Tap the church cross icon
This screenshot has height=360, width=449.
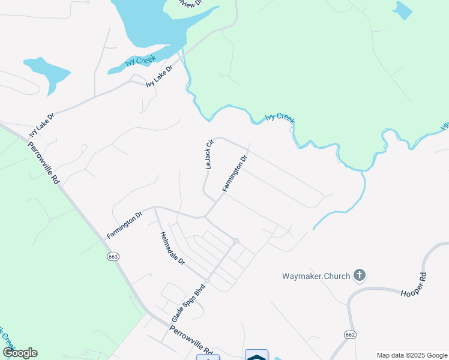point(360,275)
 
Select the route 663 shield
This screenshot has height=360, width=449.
point(113,257)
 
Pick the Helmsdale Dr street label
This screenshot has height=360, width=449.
point(172,249)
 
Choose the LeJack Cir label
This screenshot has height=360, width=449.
point(209,155)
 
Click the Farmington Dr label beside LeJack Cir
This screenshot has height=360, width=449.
point(235,173)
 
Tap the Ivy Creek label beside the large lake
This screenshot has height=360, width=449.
point(140,61)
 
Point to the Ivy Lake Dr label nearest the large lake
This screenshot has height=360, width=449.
point(160,76)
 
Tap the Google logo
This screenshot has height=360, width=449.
point(20,353)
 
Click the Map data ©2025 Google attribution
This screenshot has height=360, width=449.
point(412,355)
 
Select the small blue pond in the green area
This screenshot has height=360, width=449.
point(402,10)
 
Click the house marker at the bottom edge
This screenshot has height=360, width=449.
point(256,356)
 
